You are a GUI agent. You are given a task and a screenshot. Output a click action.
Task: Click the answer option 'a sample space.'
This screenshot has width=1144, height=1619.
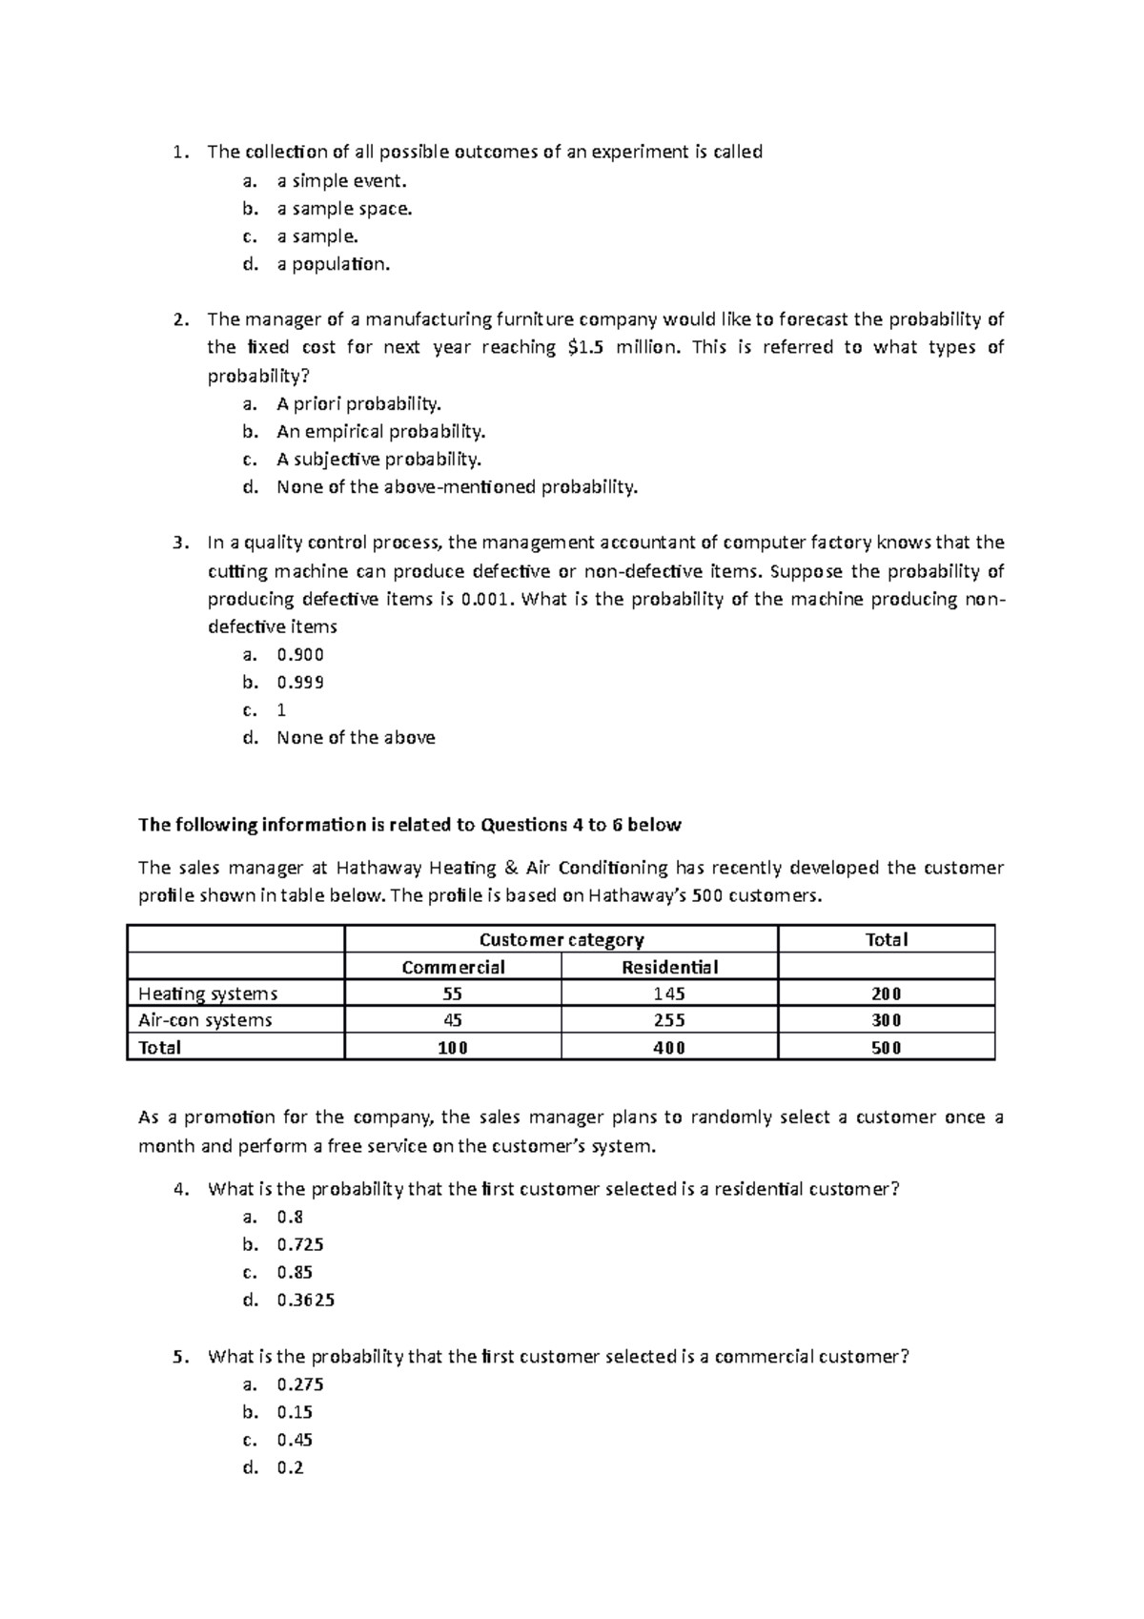pyautogui.click(x=344, y=209)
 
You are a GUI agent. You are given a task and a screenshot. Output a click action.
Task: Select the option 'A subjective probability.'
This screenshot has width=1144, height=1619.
pyautogui.click(x=378, y=460)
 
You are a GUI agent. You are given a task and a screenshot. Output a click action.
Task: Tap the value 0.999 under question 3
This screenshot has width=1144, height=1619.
pyautogui.click(x=300, y=683)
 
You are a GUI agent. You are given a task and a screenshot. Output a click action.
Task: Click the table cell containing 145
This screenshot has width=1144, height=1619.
pyautogui.click(x=669, y=994)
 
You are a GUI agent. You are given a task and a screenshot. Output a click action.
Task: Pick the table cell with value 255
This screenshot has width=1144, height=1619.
pyautogui.click(x=669, y=1020)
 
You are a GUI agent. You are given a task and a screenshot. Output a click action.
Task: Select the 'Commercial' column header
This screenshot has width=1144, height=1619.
pyautogui.click(x=453, y=968)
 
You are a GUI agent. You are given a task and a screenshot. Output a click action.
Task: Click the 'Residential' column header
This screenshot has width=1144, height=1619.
pyautogui.click(x=669, y=968)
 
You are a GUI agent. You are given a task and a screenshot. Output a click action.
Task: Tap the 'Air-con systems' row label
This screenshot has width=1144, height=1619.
pyautogui.click(x=205, y=1020)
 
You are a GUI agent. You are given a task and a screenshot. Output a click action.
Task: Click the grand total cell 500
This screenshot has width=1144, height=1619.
pyautogui.click(x=886, y=1048)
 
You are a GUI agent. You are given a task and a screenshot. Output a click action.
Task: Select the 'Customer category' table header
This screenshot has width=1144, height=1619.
pyautogui.click(x=561, y=940)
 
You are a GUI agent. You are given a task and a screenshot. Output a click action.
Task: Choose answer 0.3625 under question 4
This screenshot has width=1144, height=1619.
pyautogui.click(x=305, y=1301)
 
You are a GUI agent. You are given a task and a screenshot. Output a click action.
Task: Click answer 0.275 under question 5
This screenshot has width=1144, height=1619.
pyautogui.click(x=300, y=1384)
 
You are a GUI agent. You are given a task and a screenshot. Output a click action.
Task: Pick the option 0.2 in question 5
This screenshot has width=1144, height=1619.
pyautogui.click(x=290, y=1468)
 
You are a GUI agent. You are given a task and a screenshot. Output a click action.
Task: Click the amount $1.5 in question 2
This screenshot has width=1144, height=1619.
pyautogui.click(x=584, y=348)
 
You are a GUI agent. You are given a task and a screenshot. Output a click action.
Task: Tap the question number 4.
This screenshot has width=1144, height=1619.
pyautogui.click(x=180, y=1190)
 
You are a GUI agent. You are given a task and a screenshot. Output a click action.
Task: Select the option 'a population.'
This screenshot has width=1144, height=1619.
pyautogui.click(x=334, y=265)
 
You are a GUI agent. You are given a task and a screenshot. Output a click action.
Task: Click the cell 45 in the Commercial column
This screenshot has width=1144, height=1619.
pyautogui.click(x=453, y=1020)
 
